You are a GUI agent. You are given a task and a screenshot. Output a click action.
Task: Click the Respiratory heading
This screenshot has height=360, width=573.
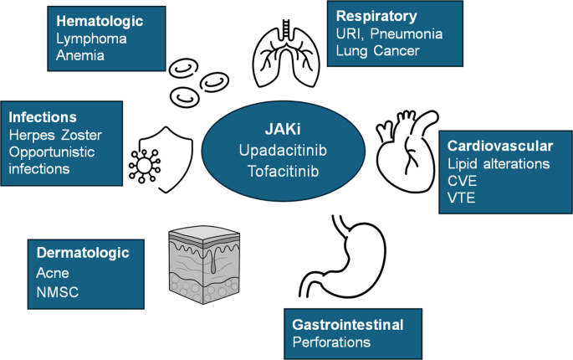tap(376, 15)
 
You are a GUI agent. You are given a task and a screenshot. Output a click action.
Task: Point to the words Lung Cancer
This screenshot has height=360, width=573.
tap(376, 50)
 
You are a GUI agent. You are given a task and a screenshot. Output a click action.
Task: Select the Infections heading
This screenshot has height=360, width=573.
tap(42, 116)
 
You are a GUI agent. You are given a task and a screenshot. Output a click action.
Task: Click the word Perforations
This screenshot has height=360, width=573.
tap(330, 342)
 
